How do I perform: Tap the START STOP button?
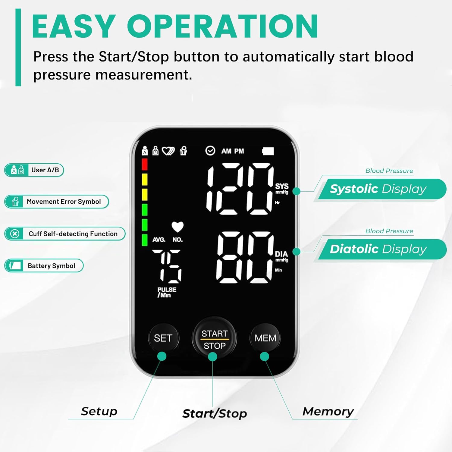[x=214, y=338]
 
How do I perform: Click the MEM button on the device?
[x=265, y=338]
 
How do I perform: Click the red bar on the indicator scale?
[x=145, y=164]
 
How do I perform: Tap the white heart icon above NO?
[x=177, y=227]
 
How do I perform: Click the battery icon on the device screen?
[x=268, y=151]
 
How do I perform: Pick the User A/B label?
[x=34, y=170]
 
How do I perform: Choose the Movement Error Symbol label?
[x=57, y=202]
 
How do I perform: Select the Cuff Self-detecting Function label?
[x=65, y=234]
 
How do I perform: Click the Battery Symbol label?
[x=44, y=266]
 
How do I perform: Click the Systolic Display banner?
[x=380, y=189]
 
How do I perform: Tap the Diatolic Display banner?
[x=380, y=250]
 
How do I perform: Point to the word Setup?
[x=99, y=411]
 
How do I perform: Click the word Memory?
[x=328, y=412]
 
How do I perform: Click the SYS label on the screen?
[x=282, y=186]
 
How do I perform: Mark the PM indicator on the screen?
[x=239, y=151]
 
